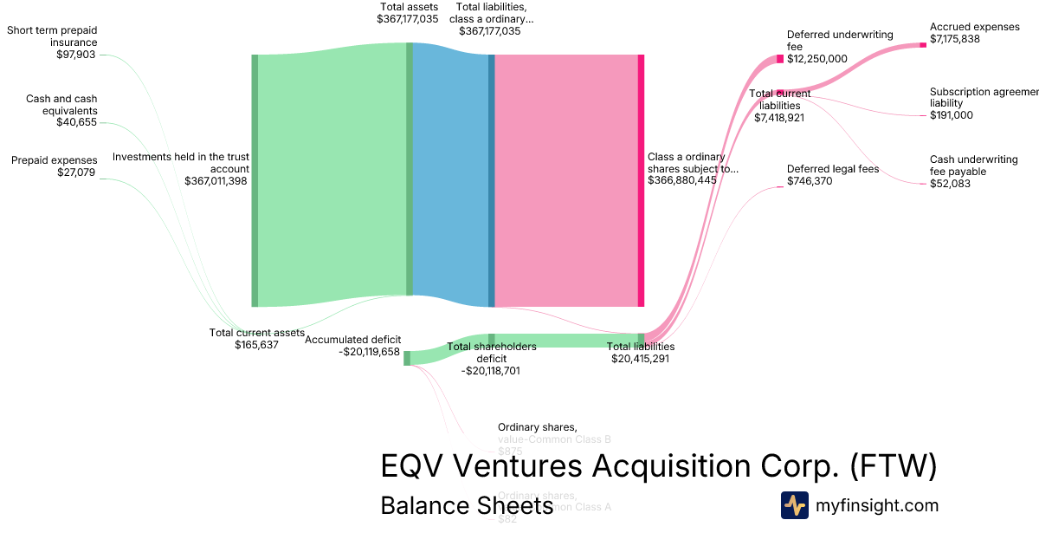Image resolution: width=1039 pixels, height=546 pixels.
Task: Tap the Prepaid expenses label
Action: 54,160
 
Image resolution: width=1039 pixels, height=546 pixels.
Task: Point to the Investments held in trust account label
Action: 181,163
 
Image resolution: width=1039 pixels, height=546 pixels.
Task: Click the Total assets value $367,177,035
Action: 408,19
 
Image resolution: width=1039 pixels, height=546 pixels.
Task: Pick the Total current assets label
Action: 257,333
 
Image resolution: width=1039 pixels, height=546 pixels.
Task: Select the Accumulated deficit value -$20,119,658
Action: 370,352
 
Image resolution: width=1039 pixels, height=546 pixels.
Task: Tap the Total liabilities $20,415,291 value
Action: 640,358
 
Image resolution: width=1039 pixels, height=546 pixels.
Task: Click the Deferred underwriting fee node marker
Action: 780,59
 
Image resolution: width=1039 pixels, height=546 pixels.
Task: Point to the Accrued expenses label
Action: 975,27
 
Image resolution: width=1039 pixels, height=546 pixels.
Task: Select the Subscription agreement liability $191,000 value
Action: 952,115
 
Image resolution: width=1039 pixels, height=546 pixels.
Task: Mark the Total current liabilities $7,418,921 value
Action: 779,117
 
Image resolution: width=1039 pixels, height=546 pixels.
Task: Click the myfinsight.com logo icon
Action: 794,505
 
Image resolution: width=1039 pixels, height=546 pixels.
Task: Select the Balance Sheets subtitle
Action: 467,505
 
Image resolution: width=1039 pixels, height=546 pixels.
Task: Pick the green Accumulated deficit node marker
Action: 407,358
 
